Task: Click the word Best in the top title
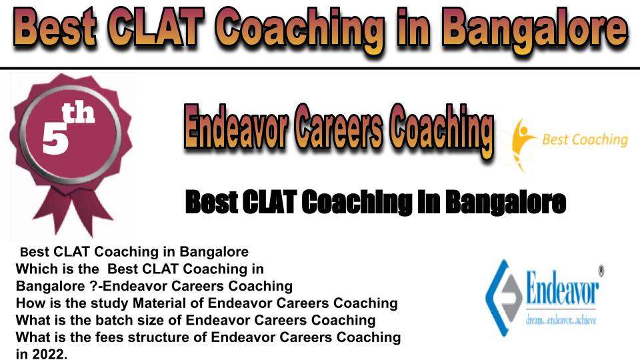(x=54, y=28)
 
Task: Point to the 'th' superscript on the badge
(x=78, y=113)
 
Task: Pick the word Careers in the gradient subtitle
(x=339, y=128)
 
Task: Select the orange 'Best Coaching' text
(x=585, y=139)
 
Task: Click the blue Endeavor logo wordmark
(x=562, y=288)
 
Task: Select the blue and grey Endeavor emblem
(x=504, y=298)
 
